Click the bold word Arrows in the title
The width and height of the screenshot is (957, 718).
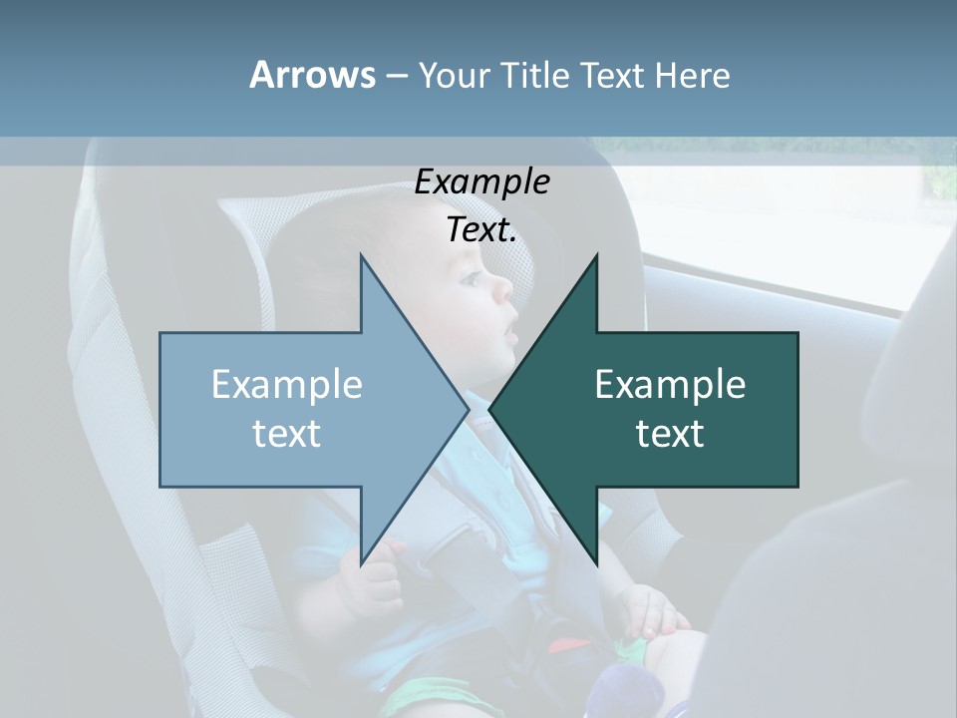click(x=312, y=75)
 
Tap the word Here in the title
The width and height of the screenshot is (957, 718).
click(x=692, y=75)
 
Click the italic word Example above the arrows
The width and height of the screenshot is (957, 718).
click(x=481, y=182)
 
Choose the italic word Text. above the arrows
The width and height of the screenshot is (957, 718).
click(x=481, y=230)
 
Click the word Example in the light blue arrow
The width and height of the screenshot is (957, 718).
click(x=287, y=385)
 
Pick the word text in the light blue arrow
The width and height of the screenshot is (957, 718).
click(x=287, y=434)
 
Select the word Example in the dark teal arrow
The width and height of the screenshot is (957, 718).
click(x=670, y=385)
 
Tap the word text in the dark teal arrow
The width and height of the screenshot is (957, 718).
click(x=670, y=434)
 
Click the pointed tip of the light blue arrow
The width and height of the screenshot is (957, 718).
click(x=468, y=409)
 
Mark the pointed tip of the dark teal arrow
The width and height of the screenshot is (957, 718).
click(x=490, y=409)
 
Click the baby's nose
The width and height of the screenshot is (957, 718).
click(x=504, y=289)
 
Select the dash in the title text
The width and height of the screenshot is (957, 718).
click(x=396, y=76)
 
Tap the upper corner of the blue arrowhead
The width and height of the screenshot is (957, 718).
click(x=361, y=256)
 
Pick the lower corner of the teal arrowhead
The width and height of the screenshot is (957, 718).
click(x=596, y=564)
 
